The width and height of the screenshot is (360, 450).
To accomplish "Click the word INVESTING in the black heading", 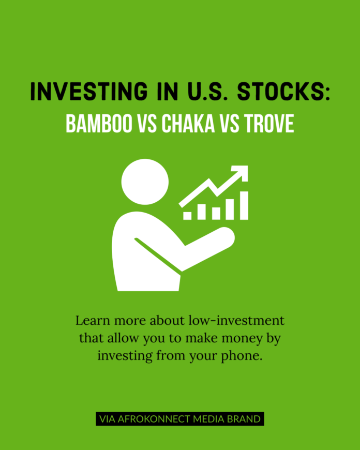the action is click(89, 91).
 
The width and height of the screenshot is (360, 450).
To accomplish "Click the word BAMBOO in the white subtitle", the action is click(99, 124).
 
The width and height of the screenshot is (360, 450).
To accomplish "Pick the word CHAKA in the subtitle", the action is click(188, 124).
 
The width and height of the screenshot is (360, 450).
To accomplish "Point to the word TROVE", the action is click(269, 124).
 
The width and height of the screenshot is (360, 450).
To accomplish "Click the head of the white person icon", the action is click(145, 182).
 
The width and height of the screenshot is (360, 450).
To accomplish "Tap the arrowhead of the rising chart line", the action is click(241, 173).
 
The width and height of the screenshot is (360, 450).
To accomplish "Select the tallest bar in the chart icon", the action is click(244, 205).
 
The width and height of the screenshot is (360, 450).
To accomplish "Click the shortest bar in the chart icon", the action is click(187, 216).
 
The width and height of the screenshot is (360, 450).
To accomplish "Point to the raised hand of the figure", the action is click(226, 236).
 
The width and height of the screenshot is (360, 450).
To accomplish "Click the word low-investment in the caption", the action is click(236, 321).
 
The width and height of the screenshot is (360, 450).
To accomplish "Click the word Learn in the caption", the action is click(93, 321).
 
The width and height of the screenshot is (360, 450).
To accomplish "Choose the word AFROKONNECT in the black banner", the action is click(154, 419).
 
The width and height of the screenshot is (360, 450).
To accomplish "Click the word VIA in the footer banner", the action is click(107, 419).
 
